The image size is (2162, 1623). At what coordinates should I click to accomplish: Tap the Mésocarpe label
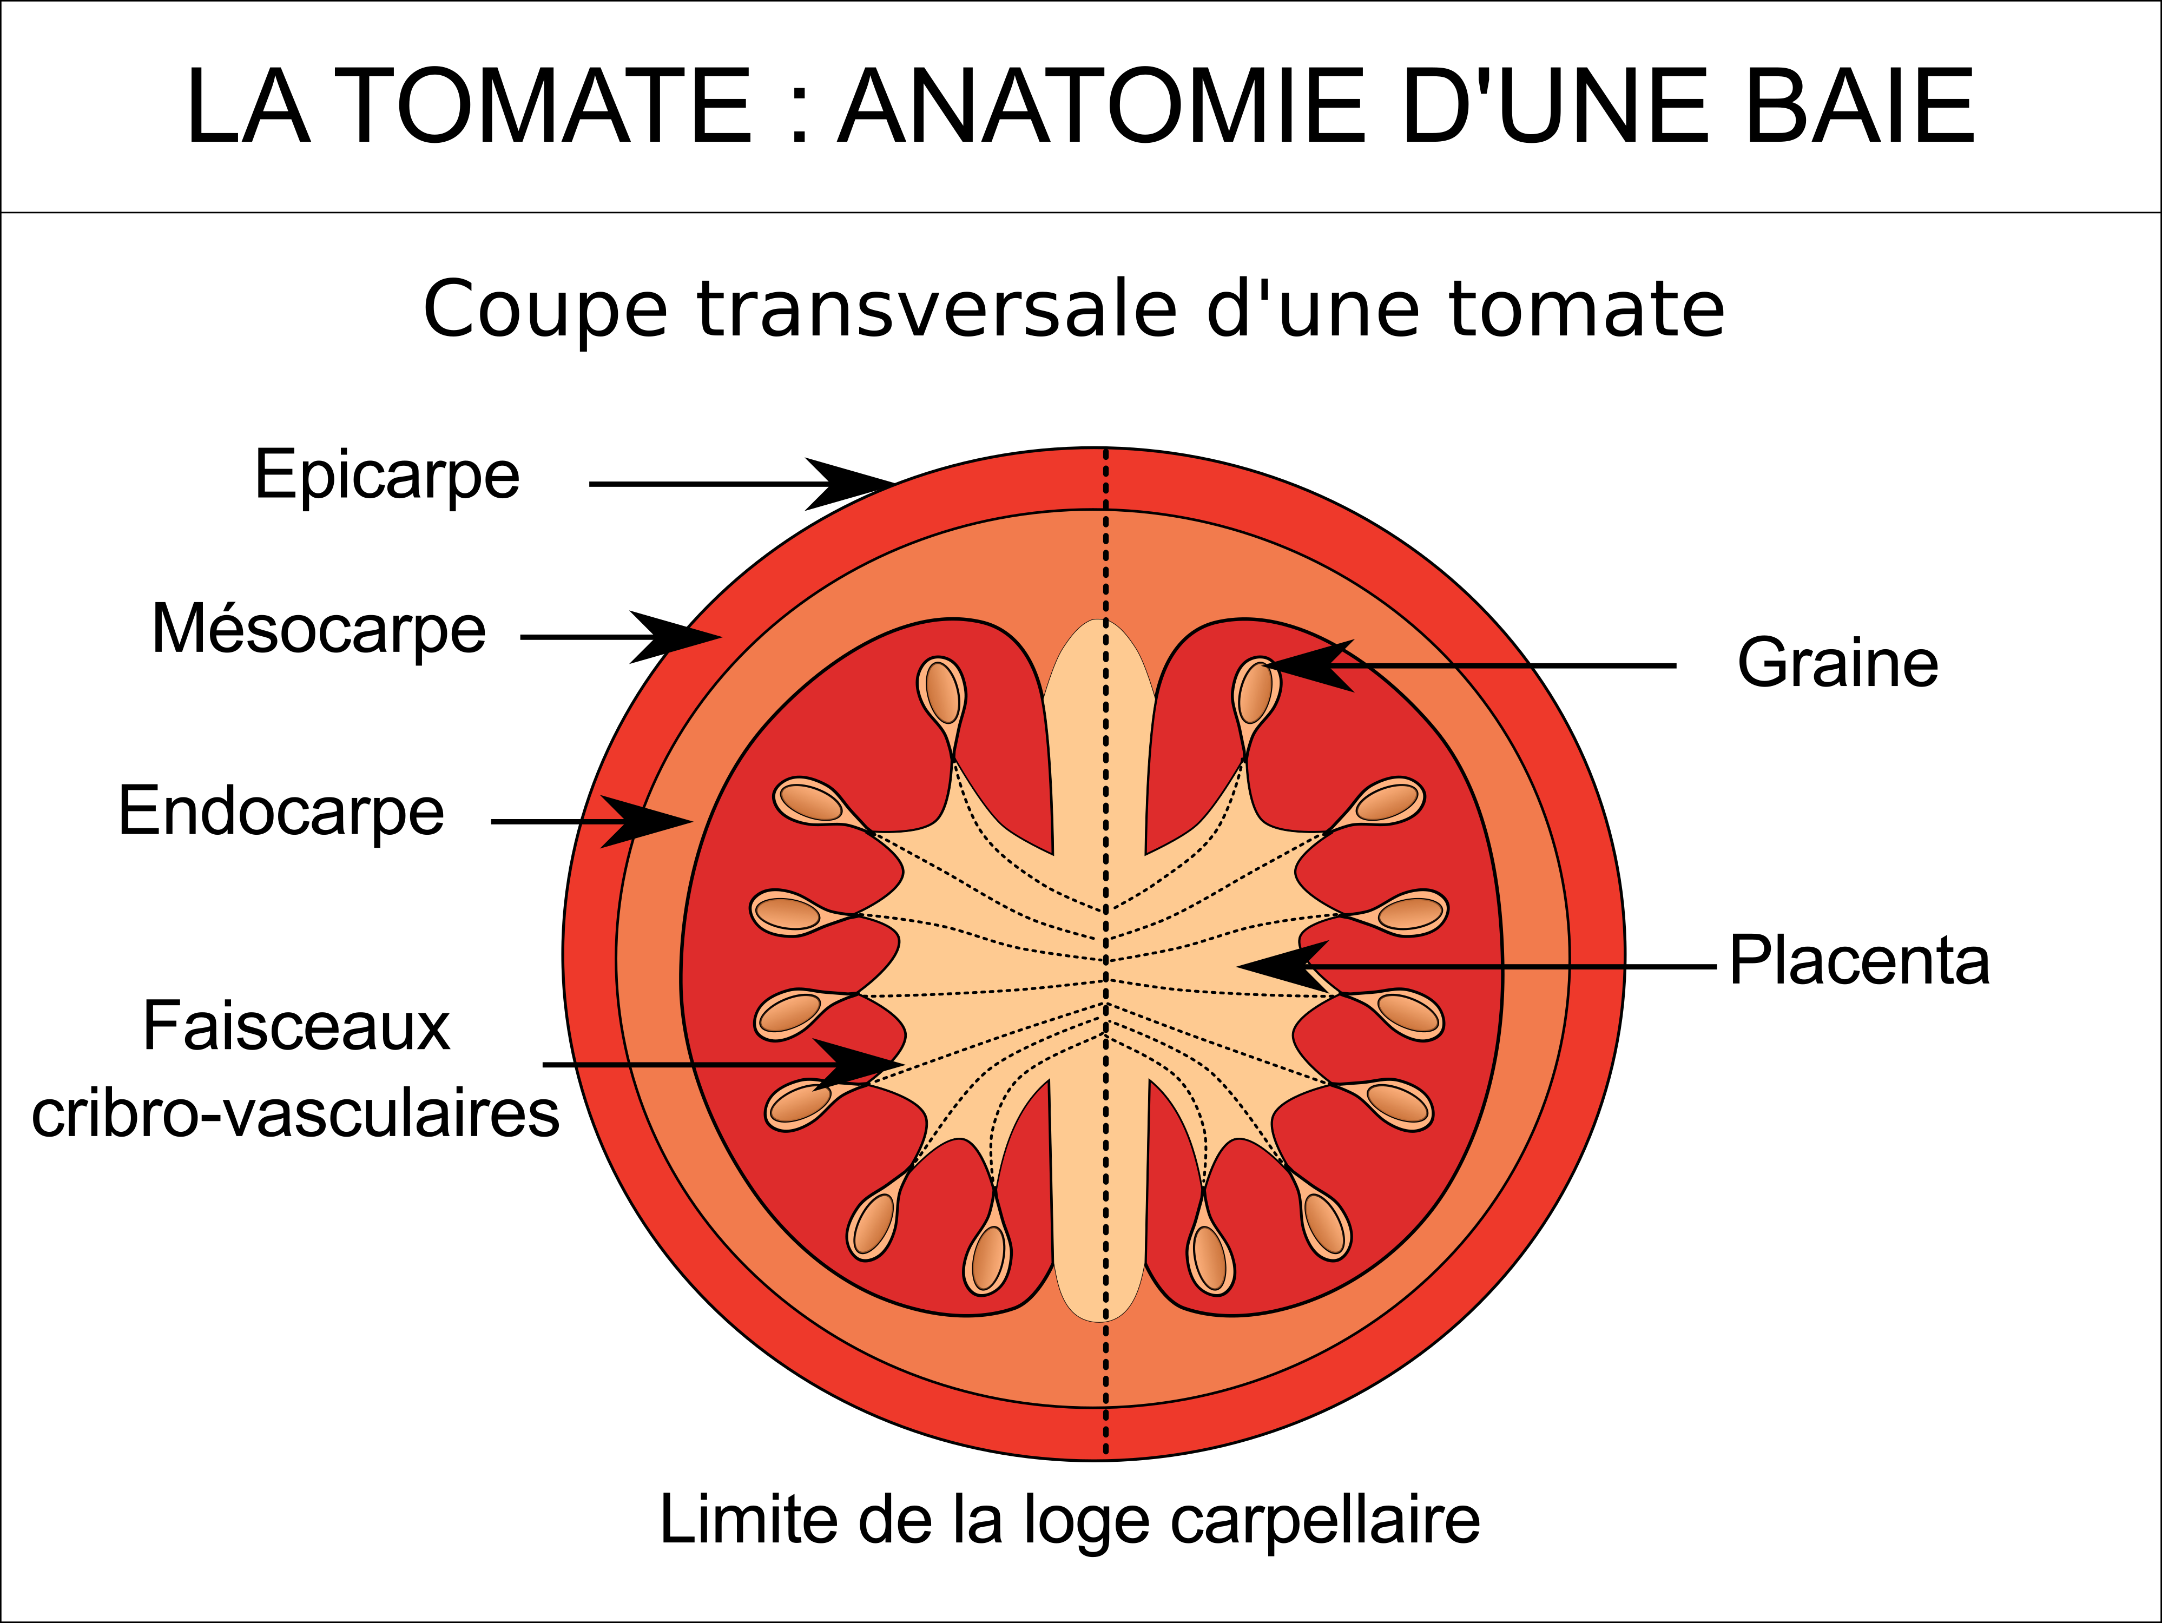319,629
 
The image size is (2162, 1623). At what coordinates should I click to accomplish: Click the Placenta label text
1859,960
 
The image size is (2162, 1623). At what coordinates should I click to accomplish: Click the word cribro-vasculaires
295,1113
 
